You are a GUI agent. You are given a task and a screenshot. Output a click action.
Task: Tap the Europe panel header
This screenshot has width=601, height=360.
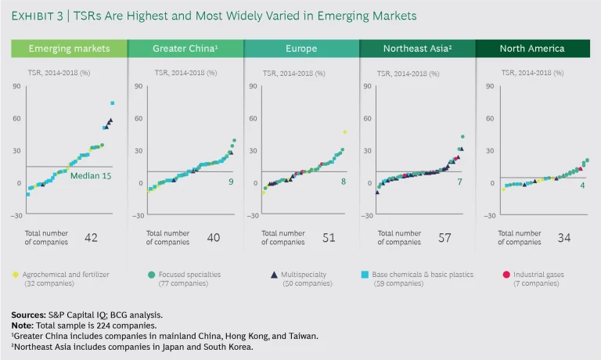click(300, 49)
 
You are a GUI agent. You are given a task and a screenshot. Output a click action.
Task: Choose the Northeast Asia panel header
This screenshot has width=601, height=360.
click(416, 49)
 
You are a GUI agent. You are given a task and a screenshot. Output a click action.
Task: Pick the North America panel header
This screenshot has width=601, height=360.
click(532, 49)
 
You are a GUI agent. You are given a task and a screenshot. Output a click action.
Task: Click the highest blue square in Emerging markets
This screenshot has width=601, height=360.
click(113, 103)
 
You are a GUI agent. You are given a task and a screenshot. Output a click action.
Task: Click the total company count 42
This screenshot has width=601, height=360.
click(91, 237)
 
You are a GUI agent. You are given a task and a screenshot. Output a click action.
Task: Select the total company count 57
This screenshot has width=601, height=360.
click(444, 237)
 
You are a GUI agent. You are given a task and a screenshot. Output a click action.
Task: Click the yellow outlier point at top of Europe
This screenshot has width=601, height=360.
click(344, 132)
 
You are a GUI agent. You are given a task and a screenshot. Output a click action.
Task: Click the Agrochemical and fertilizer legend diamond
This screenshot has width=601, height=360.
click(16, 274)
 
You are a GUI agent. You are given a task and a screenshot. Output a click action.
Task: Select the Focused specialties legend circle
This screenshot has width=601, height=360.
click(150, 274)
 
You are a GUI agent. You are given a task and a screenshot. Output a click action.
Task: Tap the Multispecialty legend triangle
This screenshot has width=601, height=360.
click(274, 274)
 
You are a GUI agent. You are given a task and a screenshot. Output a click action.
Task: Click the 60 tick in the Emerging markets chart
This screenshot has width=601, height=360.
click(16, 118)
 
